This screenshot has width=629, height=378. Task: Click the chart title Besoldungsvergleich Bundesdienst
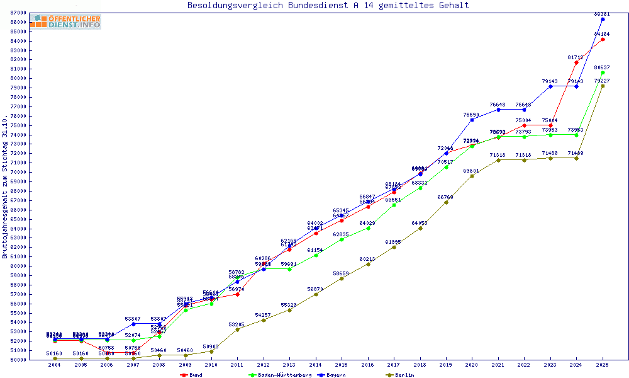coord(328,6)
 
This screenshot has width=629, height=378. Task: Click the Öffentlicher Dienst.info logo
coord(65,21)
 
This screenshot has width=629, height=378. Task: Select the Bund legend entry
coord(194,375)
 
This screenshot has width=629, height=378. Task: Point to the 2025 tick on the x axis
coord(603,365)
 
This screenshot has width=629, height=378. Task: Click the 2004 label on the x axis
coord(55,365)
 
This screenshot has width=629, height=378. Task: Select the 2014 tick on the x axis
coord(316,365)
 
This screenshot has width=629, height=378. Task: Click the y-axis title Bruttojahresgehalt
coord(6,187)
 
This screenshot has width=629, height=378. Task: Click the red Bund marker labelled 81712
coord(576,62)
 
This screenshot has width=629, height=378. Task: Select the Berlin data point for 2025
coord(603,86)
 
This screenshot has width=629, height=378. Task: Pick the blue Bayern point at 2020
coord(472,120)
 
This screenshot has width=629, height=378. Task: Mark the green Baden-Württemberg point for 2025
coord(603,72)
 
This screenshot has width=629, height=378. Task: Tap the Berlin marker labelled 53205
coord(237,329)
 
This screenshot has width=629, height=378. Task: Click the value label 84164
coord(602,34)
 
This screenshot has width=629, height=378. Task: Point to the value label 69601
coord(472,171)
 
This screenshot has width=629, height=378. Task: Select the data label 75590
coord(472,115)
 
